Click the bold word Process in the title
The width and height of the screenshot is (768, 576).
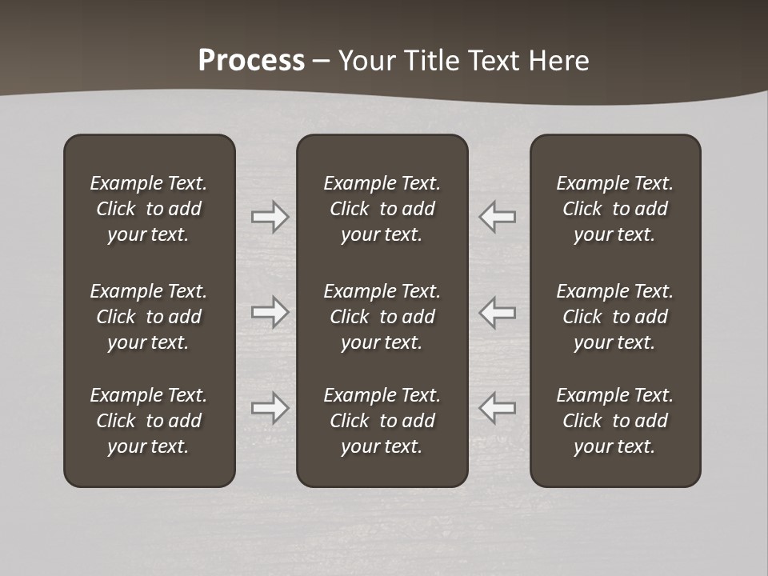[251, 61]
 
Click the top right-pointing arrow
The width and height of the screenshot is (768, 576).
[270, 217]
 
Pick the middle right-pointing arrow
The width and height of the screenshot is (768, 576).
[270, 311]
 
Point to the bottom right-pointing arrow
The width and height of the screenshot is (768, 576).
[270, 408]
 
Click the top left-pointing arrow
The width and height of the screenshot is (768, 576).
[498, 217]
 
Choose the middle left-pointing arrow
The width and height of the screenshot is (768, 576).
[498, 311]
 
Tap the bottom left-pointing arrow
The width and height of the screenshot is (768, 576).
[498, 408]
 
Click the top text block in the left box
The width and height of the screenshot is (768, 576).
[149, 209]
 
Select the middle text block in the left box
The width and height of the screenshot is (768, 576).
[149, 317]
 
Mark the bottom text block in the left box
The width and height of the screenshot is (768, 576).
[149, 421]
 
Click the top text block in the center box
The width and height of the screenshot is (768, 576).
[382, 209]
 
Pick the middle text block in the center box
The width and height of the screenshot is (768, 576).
[382, 317]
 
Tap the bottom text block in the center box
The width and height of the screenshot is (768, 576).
[382, 421]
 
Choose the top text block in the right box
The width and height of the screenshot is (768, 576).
[615, 209]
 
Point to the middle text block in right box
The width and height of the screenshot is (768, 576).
[615, 317]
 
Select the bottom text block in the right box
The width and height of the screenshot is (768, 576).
[615, 421]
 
